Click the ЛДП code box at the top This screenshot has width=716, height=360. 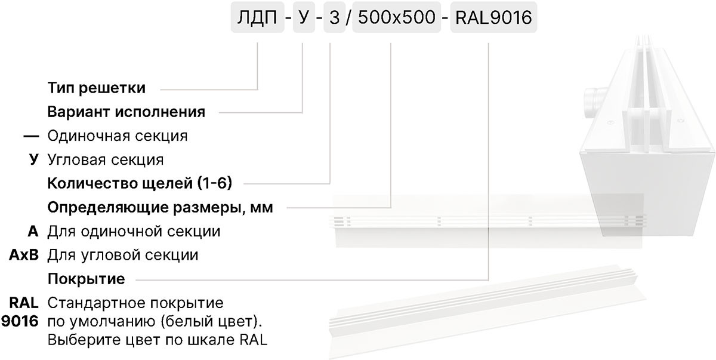click(x=257, y=17)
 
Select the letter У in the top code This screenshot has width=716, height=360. click(x=304, y=17)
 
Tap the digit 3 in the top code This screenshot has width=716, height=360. click(x=334, y=17)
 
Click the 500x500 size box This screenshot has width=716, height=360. click(x=397, y=17)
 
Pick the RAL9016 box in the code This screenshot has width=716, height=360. click(x=493, y=17)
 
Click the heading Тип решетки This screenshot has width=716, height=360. click(x=97, y=88)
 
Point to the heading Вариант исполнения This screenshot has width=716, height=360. click(x=126, y=112)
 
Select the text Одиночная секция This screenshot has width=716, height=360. click(x=118, y=136)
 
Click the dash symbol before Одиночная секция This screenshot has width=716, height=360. click(x=31, y=137)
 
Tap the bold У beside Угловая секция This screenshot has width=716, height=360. click(x=34, y=159)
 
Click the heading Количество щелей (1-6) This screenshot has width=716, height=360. click(x=140, y=183)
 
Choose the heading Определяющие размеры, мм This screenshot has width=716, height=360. click(x=160, y=208)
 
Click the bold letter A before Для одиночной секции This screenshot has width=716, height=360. click(x=33, y=231)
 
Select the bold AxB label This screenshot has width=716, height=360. click(x=24, y=255)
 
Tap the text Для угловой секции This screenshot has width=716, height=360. click(x=123, y=255)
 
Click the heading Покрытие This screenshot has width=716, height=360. click(x=87, y=279)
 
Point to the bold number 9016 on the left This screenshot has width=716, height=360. click(x=20, y=321)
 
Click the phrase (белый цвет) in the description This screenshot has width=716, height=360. click(x=211, y=321)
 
